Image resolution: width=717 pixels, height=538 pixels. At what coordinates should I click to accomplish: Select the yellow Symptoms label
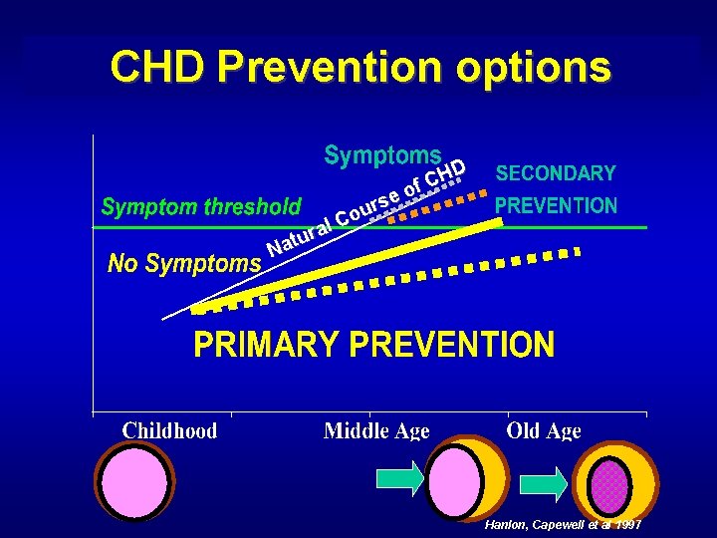click(x=382, y=155)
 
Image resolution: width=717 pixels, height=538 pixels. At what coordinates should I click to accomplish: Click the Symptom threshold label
click(x=201, y=207)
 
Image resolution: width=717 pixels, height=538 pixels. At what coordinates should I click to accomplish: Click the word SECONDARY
click(x=556, y=173)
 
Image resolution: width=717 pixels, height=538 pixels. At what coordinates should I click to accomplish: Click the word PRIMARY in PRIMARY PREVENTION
click(x=265, y=346)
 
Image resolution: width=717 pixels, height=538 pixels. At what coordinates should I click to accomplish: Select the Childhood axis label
click(x=169, y=430)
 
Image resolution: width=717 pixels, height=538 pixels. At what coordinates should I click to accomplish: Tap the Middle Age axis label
click(x=376, y=430)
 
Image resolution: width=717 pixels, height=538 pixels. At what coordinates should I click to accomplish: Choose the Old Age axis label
click(x=544, y=430)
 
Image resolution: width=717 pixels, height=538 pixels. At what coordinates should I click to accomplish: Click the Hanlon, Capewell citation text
click(x=563, y=524)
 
